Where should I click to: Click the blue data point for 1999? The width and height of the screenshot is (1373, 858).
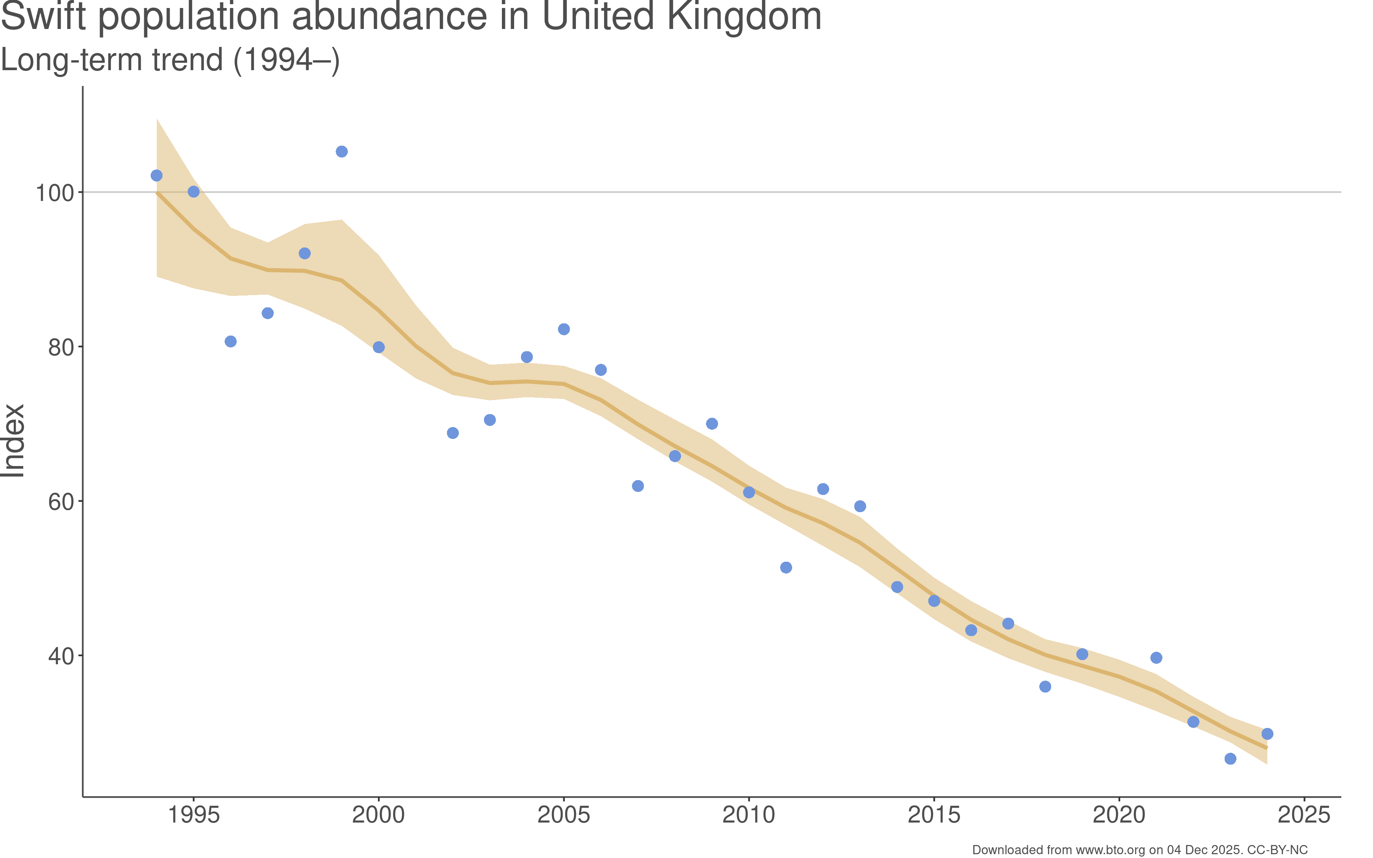click(x=342, y=151)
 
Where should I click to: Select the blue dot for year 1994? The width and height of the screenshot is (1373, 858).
click(x=157, y=175)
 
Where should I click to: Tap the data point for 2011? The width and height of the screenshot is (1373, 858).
click(x=786, y=567)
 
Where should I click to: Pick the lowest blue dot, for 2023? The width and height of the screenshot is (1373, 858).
click(x=1230, y=759)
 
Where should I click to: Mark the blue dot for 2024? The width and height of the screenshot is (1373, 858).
click(x=1267, y=734)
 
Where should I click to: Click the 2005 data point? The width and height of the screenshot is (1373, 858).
click(x=563, y=329)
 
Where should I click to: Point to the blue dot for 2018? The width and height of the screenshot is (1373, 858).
click(x=1045, y=687)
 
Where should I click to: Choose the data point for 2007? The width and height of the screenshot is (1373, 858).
click(x=638, y=486)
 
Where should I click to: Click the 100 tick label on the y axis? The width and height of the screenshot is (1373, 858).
click(x=55, y=193)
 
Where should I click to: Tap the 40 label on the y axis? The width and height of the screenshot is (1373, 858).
click(x=61, y=656)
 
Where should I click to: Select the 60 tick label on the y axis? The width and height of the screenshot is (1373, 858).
click(x=61, y=501)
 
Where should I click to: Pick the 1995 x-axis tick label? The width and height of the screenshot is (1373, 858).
click(x=193, y=815)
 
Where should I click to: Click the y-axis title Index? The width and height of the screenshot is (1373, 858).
click(x=14, y=440)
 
